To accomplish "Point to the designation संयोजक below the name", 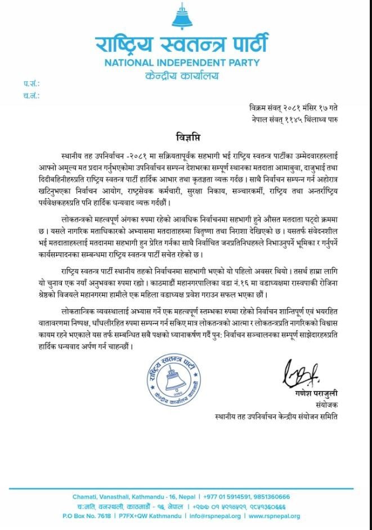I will pyautogui.click(x=326, y=404).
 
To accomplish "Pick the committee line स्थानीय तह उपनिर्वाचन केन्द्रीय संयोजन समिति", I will pyautogui.click(x=276, y=417).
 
